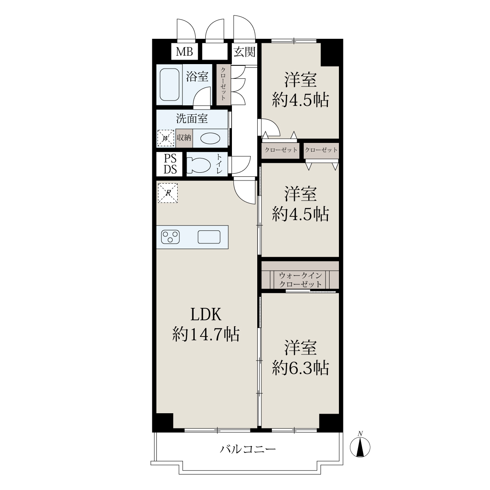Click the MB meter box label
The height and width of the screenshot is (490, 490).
pos(184,52)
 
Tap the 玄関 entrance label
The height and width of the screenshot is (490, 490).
pos(244,52)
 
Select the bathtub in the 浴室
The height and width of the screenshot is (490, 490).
pos(169,85)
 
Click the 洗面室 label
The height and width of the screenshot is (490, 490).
pos(192,118)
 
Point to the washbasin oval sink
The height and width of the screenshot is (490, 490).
pos(210,138)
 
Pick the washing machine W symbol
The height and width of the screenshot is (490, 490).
pos(166,138)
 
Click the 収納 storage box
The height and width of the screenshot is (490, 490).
pos(184,138)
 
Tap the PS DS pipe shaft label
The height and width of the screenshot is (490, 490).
pos(170,164)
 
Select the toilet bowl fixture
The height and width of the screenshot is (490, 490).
pos(198,164)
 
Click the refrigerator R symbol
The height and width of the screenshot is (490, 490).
pos(168,193)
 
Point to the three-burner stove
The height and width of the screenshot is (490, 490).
pos(170,237)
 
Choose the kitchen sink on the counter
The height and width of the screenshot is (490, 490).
pos(209,237)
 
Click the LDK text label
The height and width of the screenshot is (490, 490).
pos(206,314)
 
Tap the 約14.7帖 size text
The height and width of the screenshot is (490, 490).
pos(206,334)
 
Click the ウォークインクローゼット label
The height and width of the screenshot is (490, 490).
pos(301,280)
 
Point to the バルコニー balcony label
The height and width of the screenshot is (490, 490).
pos(248,449)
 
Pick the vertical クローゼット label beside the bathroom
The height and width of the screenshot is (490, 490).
pos(223,84)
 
